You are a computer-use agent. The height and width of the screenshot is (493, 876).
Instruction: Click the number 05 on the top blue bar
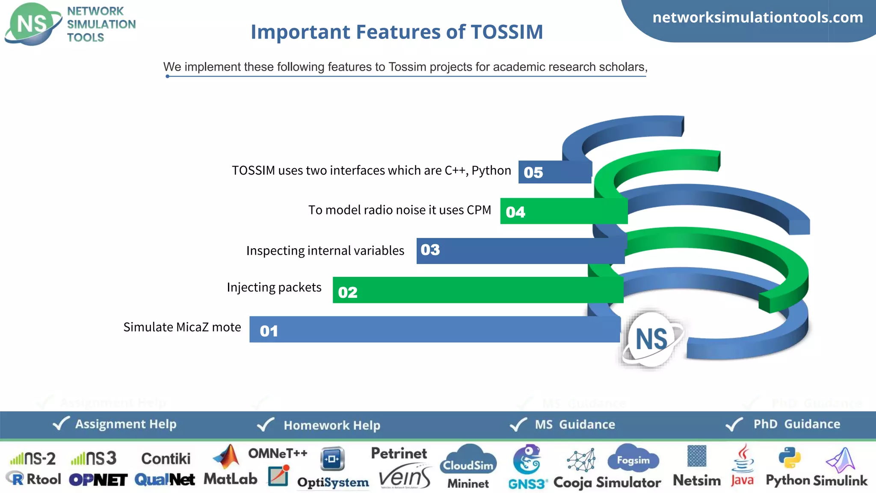533,172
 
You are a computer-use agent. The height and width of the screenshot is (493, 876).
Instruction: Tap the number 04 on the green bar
515,212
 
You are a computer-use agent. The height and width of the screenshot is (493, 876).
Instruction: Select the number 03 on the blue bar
430,249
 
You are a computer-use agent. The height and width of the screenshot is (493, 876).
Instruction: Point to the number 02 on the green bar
347,292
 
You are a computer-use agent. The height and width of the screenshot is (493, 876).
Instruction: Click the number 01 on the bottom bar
269,331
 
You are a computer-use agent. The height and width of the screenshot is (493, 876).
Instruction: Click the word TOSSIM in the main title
506,32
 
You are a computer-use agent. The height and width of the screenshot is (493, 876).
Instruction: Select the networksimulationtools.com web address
758,18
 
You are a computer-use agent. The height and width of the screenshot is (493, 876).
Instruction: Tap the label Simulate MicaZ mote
182,327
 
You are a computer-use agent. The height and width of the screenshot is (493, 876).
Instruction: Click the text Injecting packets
274,287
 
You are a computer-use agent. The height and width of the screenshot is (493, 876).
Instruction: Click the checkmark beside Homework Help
265,425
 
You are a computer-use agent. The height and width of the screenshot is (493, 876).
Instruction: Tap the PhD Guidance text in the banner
796,424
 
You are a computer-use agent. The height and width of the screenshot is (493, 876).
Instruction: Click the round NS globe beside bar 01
651,339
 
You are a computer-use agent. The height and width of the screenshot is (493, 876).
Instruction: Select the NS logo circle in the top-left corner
32,24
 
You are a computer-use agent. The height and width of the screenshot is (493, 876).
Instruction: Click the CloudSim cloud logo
468,461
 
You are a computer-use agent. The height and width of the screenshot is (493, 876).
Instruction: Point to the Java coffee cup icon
743,458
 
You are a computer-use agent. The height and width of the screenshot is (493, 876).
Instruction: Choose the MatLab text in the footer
230,479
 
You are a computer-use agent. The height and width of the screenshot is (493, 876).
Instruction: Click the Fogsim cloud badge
633,460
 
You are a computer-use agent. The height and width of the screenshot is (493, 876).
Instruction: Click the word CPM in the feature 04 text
479,210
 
